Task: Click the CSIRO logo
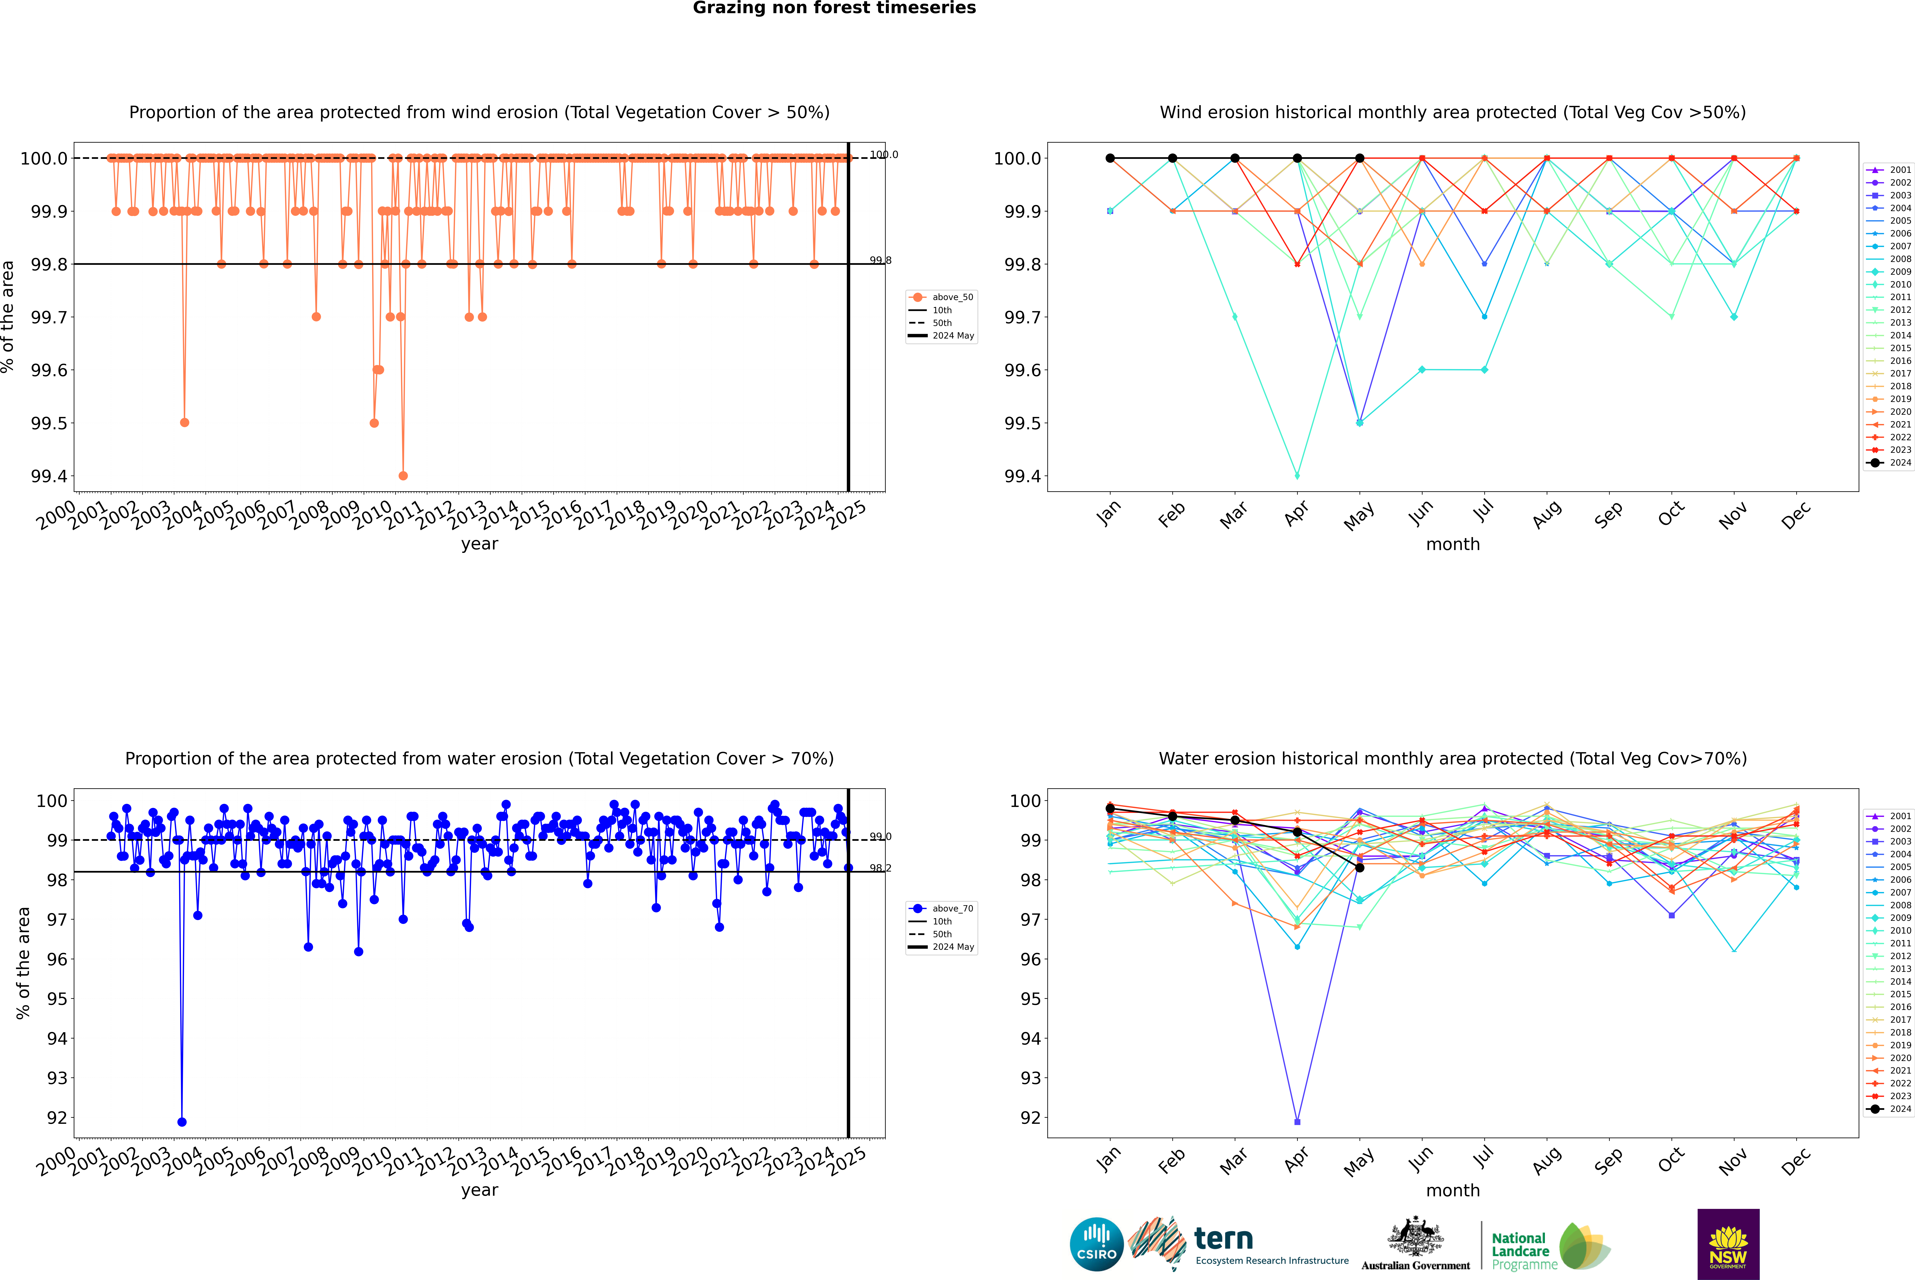tap(1096, 1244)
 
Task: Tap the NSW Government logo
tap(1728, 1244)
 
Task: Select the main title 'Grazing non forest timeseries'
tap(834, 8)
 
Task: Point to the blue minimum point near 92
tap(182, 1122)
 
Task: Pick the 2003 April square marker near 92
tap(1297, 1122)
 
